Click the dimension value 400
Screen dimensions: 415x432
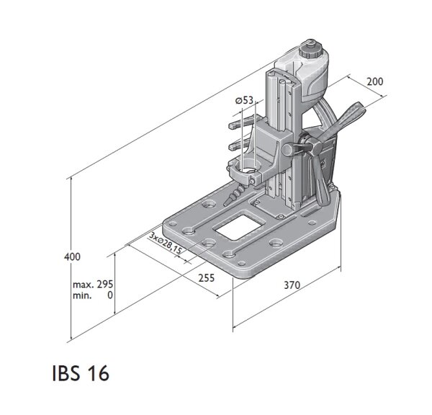pos(72,256)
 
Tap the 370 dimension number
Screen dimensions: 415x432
pos(292,286)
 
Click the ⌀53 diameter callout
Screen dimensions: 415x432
pos(244,101)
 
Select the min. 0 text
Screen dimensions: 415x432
pos(94,295)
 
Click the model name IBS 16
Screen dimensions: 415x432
pos(80,375)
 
